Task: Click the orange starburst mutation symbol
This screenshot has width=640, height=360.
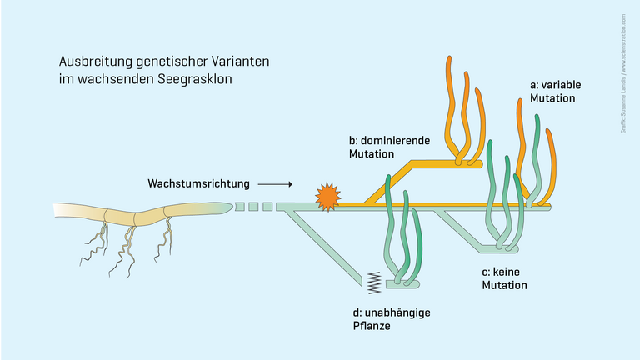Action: (327, 197)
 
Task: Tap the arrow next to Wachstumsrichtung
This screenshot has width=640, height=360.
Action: (274, 183)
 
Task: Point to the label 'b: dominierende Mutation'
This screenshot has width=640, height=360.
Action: (389, 147)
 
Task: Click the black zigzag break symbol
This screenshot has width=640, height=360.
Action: (372, 283)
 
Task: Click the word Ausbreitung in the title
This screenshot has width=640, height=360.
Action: (89, 62)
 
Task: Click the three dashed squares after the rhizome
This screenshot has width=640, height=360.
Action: (253, 207)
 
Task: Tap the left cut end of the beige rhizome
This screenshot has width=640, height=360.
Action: (57, 215)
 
